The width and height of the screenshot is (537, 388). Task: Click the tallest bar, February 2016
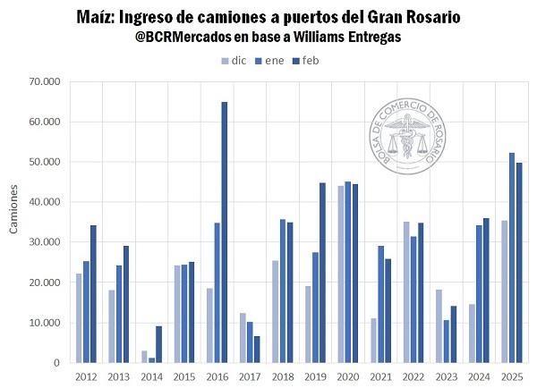225,232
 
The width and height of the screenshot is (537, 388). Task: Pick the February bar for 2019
322,273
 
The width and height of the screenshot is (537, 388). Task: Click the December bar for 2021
374,340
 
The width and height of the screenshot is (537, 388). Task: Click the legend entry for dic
234,61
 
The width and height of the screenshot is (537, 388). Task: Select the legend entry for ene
268,61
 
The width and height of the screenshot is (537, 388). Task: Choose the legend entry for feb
305,61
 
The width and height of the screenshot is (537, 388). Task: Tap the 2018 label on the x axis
282,375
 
